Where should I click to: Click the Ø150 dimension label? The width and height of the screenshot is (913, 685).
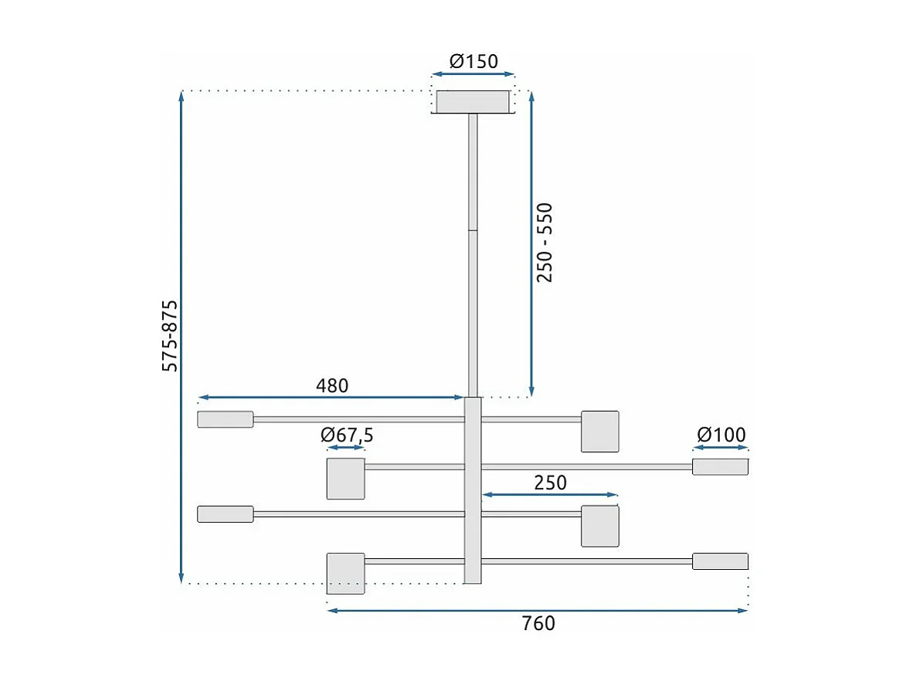pyautogui.click(x=473, y=61)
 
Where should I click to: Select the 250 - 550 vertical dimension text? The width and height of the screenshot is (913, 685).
pyautogui.click(x=545, y=242)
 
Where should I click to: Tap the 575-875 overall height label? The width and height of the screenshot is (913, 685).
pyautogui.click(x=170, y=336)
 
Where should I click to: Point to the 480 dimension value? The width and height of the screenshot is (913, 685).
pyautogui.click(x=332, y=385)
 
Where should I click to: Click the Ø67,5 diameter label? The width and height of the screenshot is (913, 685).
pyautogui.click(x=347, y=435)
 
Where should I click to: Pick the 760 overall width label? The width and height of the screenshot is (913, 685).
pyautogui.click(x=538, y=623)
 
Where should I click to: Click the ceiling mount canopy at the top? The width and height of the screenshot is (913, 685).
pyautogui.click(x=473, y=102)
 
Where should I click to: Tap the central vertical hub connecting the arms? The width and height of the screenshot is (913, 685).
pyautogui.click(x=473, y=490)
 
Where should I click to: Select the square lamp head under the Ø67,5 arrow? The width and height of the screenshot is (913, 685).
pyautogui.click(x=345, y=479)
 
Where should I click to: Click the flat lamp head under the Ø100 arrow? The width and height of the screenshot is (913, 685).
pyautogui.click(x=720, y=467)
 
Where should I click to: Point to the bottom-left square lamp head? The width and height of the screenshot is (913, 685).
pyautogui.click(x=345, y=573)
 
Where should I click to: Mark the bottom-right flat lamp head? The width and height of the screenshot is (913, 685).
pyautogui.click(x=720, y=561)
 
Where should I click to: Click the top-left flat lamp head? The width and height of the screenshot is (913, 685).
pyautogui.click(x=226, y=419)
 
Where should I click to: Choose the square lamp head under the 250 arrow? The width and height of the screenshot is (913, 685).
pyautogui.click(x=600, y=526)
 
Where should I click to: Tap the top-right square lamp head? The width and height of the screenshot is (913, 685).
pyautogui.click(x=600, y=431)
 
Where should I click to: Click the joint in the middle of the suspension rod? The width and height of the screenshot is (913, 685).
pyautogui.click(x=473, y=230)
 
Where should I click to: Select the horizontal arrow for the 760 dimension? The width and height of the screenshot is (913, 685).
pyautogui.click(x=538, y=611)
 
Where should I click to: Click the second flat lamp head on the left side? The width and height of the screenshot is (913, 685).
pyautogui.click(x=226, y=514)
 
